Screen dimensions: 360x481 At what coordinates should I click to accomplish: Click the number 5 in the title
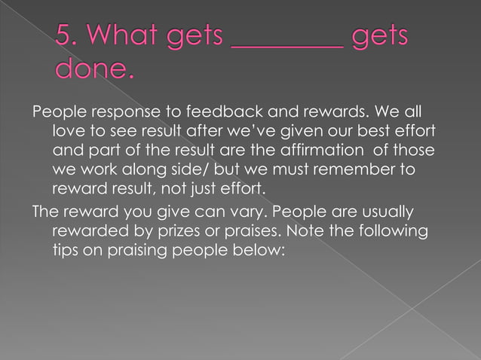coord(63,36)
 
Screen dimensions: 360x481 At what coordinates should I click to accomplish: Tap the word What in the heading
coord(125,36)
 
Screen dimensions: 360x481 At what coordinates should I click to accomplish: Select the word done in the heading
coord(93,69)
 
